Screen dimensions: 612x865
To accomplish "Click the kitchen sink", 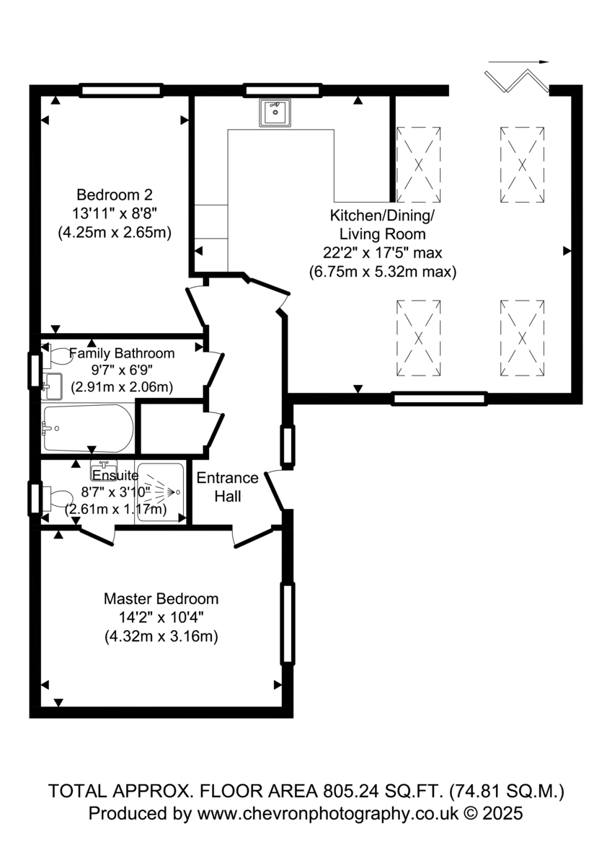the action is tap(275, 112).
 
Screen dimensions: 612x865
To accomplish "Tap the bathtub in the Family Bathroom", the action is tap(89, 428).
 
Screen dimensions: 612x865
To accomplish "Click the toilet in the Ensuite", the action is tap(57, 498).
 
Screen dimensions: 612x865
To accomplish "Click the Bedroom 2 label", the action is tap(115, 195).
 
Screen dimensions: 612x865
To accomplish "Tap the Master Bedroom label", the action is tap(161, 599).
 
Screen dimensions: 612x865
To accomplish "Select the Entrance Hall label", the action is tap(227, 487).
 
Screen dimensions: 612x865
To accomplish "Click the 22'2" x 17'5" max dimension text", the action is tap(382, 253).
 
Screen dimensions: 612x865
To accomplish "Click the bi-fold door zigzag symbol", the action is tap(517, 81).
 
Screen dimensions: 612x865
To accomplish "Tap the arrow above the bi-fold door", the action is tap(518, 61).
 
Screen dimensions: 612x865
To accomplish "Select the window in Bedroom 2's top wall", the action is tap(121, 90).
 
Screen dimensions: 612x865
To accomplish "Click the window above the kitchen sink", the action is tap(283, 90).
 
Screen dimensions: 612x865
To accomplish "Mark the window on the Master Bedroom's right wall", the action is tap(288, 624).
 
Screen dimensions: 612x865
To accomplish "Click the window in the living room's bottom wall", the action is tap(440, 399).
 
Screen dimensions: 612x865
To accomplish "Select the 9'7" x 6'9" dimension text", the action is tap(122, 370).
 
